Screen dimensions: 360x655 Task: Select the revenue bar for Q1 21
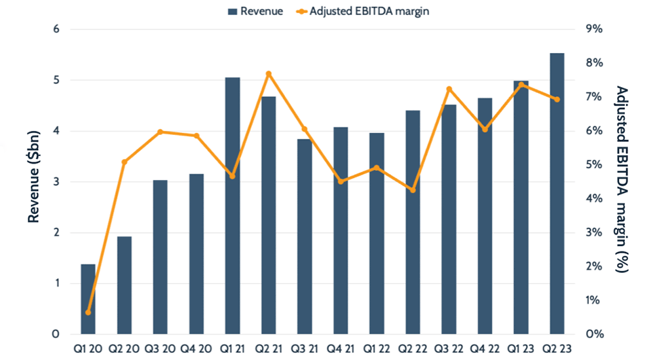pos(233,206)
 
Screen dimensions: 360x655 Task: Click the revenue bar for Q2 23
pos(557,194)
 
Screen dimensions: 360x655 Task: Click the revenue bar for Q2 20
pos(124,285)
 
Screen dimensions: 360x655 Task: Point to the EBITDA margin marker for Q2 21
pos(269,73)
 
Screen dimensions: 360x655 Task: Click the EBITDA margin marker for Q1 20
pos(88,312)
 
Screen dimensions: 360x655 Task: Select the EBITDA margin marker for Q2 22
pos(413,190)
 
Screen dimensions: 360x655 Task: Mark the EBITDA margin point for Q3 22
pos(449,89)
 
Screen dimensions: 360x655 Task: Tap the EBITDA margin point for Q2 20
pos(124,162)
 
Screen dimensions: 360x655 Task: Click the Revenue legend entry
pos(255,11)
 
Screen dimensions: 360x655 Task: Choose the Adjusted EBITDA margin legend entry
pos(367,11)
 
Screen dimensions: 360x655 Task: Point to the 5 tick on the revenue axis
pos(56,81)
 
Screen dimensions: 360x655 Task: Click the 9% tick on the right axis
pos(593,29)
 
